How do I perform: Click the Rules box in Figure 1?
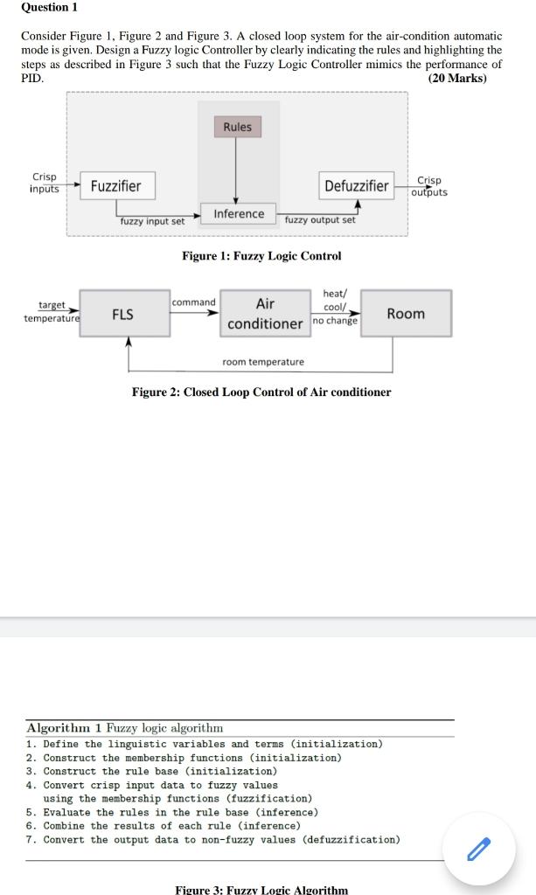tap(237, 127)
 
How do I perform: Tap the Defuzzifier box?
tap(357, 185)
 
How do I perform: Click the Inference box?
tap(239, 214)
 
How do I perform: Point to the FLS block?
tap(123, 314)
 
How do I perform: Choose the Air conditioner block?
tap(265, 314)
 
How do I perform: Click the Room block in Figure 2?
tap(406, 314)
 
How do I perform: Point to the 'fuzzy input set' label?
tap(152, 221)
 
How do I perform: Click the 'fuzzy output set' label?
tap(320, 220)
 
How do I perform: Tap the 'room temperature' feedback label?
tap(263, 362)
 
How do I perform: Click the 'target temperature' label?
tap(52, 311)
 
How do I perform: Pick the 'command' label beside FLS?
tap(193, 302)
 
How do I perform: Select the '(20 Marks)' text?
tap(456, 79)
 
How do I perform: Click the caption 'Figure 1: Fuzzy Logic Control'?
tap(261, 256)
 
